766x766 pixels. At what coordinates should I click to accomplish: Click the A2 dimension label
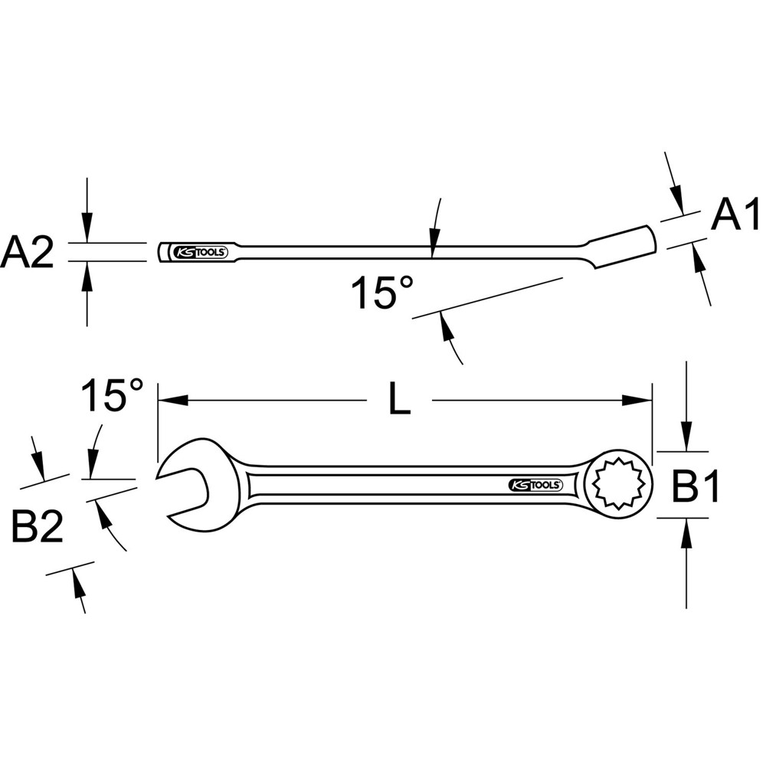[x=28, y=252]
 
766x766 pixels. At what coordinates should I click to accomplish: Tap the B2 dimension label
[x=38, y=528]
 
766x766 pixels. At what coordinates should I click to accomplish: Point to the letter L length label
[x=399, y=401]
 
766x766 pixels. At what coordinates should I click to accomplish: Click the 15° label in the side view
[x=382, y=293]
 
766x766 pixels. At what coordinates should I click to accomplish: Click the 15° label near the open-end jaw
[x=113, y=396]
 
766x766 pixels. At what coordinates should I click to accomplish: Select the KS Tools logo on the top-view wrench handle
[x=535, y=485]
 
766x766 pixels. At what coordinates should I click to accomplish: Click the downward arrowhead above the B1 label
[x=687, y=440]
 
